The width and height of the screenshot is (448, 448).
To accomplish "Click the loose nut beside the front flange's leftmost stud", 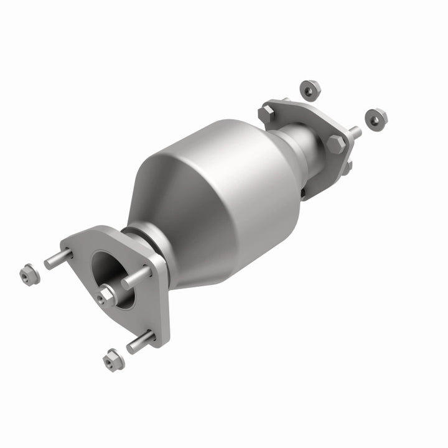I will click(29, 274).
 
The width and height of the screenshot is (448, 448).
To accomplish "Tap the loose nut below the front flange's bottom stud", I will click(113, 360).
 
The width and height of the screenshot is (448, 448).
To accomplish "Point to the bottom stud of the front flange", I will click(141, 342).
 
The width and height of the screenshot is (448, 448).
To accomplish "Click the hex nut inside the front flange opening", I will click(106, 296).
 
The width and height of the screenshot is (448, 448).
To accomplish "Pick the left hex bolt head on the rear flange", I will click(267, 114).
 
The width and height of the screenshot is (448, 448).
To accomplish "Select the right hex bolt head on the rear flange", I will click(336, 144).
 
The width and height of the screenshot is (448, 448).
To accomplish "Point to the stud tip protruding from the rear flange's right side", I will click(355, 133).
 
